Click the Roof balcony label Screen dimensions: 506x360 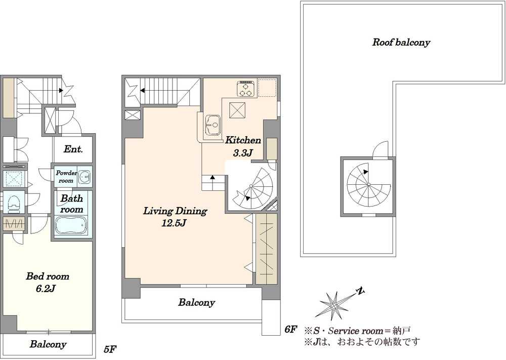pyautogui.click(x=401, y=43)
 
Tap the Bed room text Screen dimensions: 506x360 pyautogui.click(x=48, y=276)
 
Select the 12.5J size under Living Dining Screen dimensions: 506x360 pyautogui.click(x=174, y=223)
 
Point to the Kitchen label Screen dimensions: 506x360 pyautogui.click(x=243, y=140)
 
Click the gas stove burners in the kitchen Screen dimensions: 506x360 pyautogui.click(x=246, y=89)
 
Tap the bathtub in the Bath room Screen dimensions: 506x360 pyautogui.click(x=71, y=226)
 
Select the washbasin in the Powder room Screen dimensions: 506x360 pyautogui.click(x=85, y=177)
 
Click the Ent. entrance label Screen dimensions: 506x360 pyautogui.click(x=73, y=149)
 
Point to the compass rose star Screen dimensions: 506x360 pyautogui.click(x=334, y=305)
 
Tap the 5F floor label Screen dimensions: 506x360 pyautogui.click(x=110, y=349)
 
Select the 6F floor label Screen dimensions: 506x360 pyautogui.click(x=290, y=329)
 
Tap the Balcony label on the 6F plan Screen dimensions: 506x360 pyautogui.click(x=196, y=302)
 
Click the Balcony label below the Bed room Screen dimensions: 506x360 pyautogui.click(x=48, y=344)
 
